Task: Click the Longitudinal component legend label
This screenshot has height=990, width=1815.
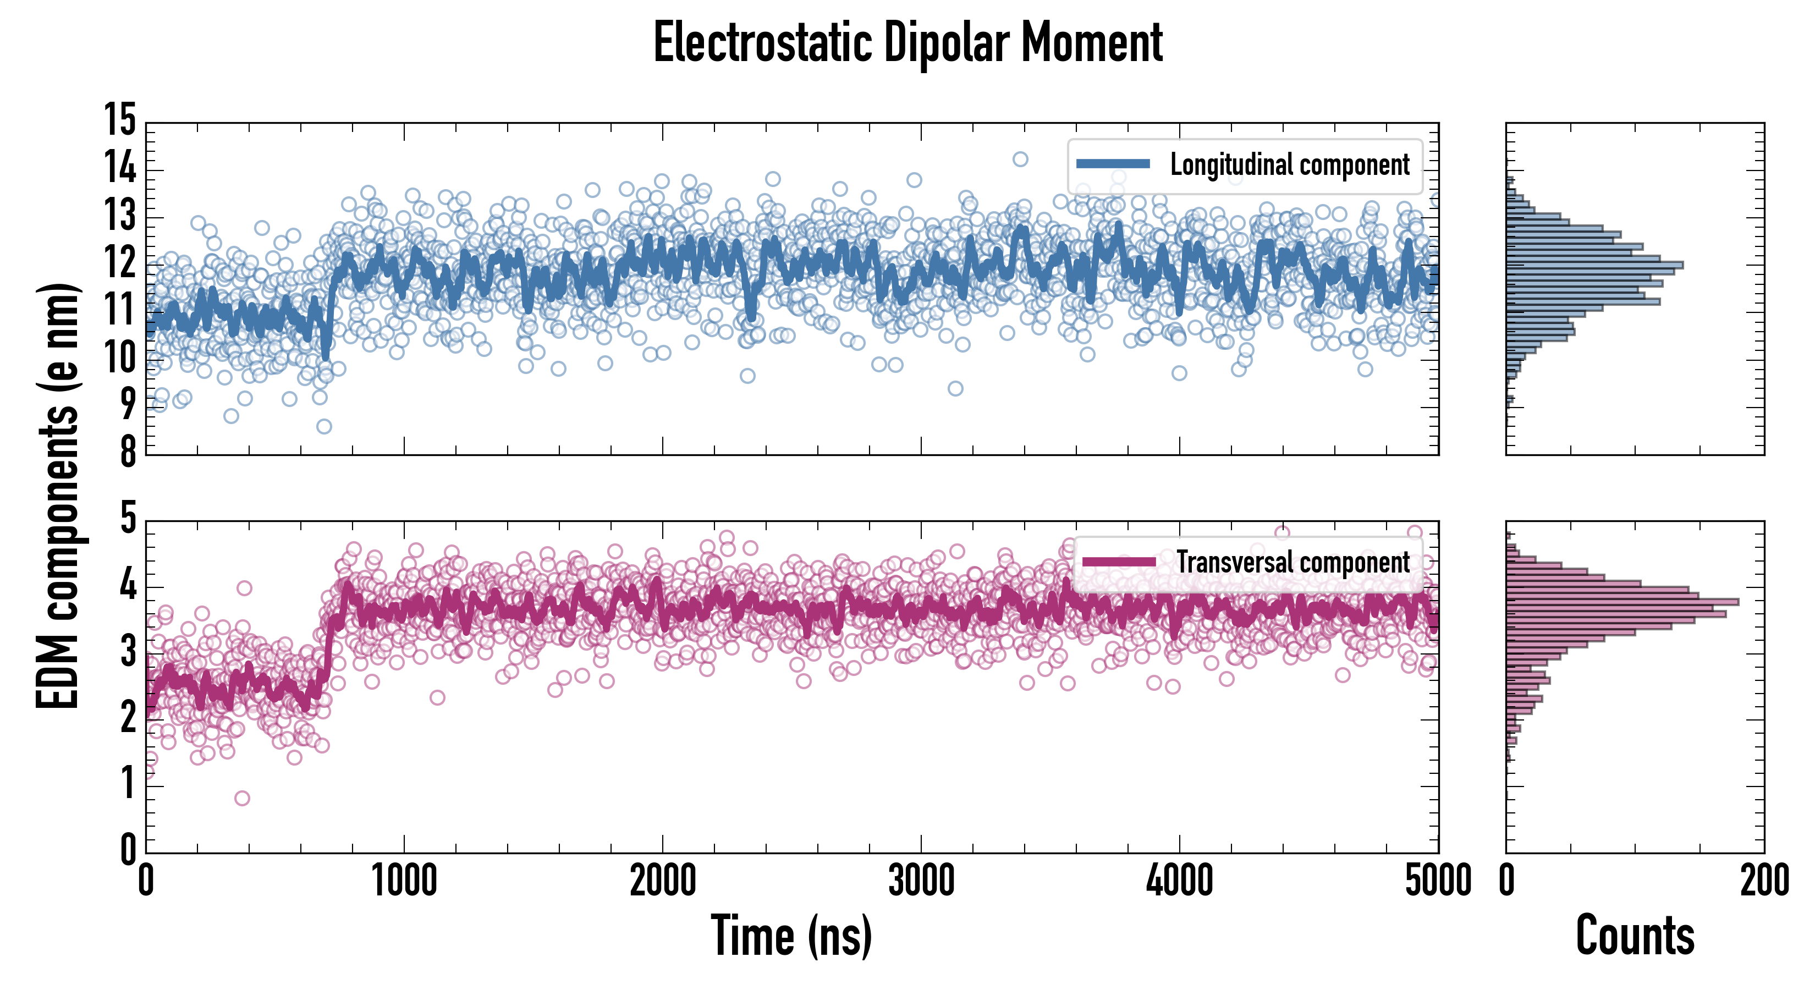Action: (1289, 165)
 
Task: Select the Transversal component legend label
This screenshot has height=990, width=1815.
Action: (1293, 562)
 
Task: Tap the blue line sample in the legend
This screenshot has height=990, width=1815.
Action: (1113, 164)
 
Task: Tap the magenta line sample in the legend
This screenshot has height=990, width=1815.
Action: (1119, 562)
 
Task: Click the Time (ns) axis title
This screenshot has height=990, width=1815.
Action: (791, 936)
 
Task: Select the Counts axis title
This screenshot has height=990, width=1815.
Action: (1635, 936)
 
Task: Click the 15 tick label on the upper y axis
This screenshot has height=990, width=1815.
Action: (120, 120)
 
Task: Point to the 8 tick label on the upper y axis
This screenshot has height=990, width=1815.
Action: (128, 451)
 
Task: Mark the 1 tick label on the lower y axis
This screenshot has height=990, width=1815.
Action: (128, 784)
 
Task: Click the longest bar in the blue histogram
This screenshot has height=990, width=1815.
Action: (1594, 266)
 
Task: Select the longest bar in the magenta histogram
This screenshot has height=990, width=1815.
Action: (1622, 602)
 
